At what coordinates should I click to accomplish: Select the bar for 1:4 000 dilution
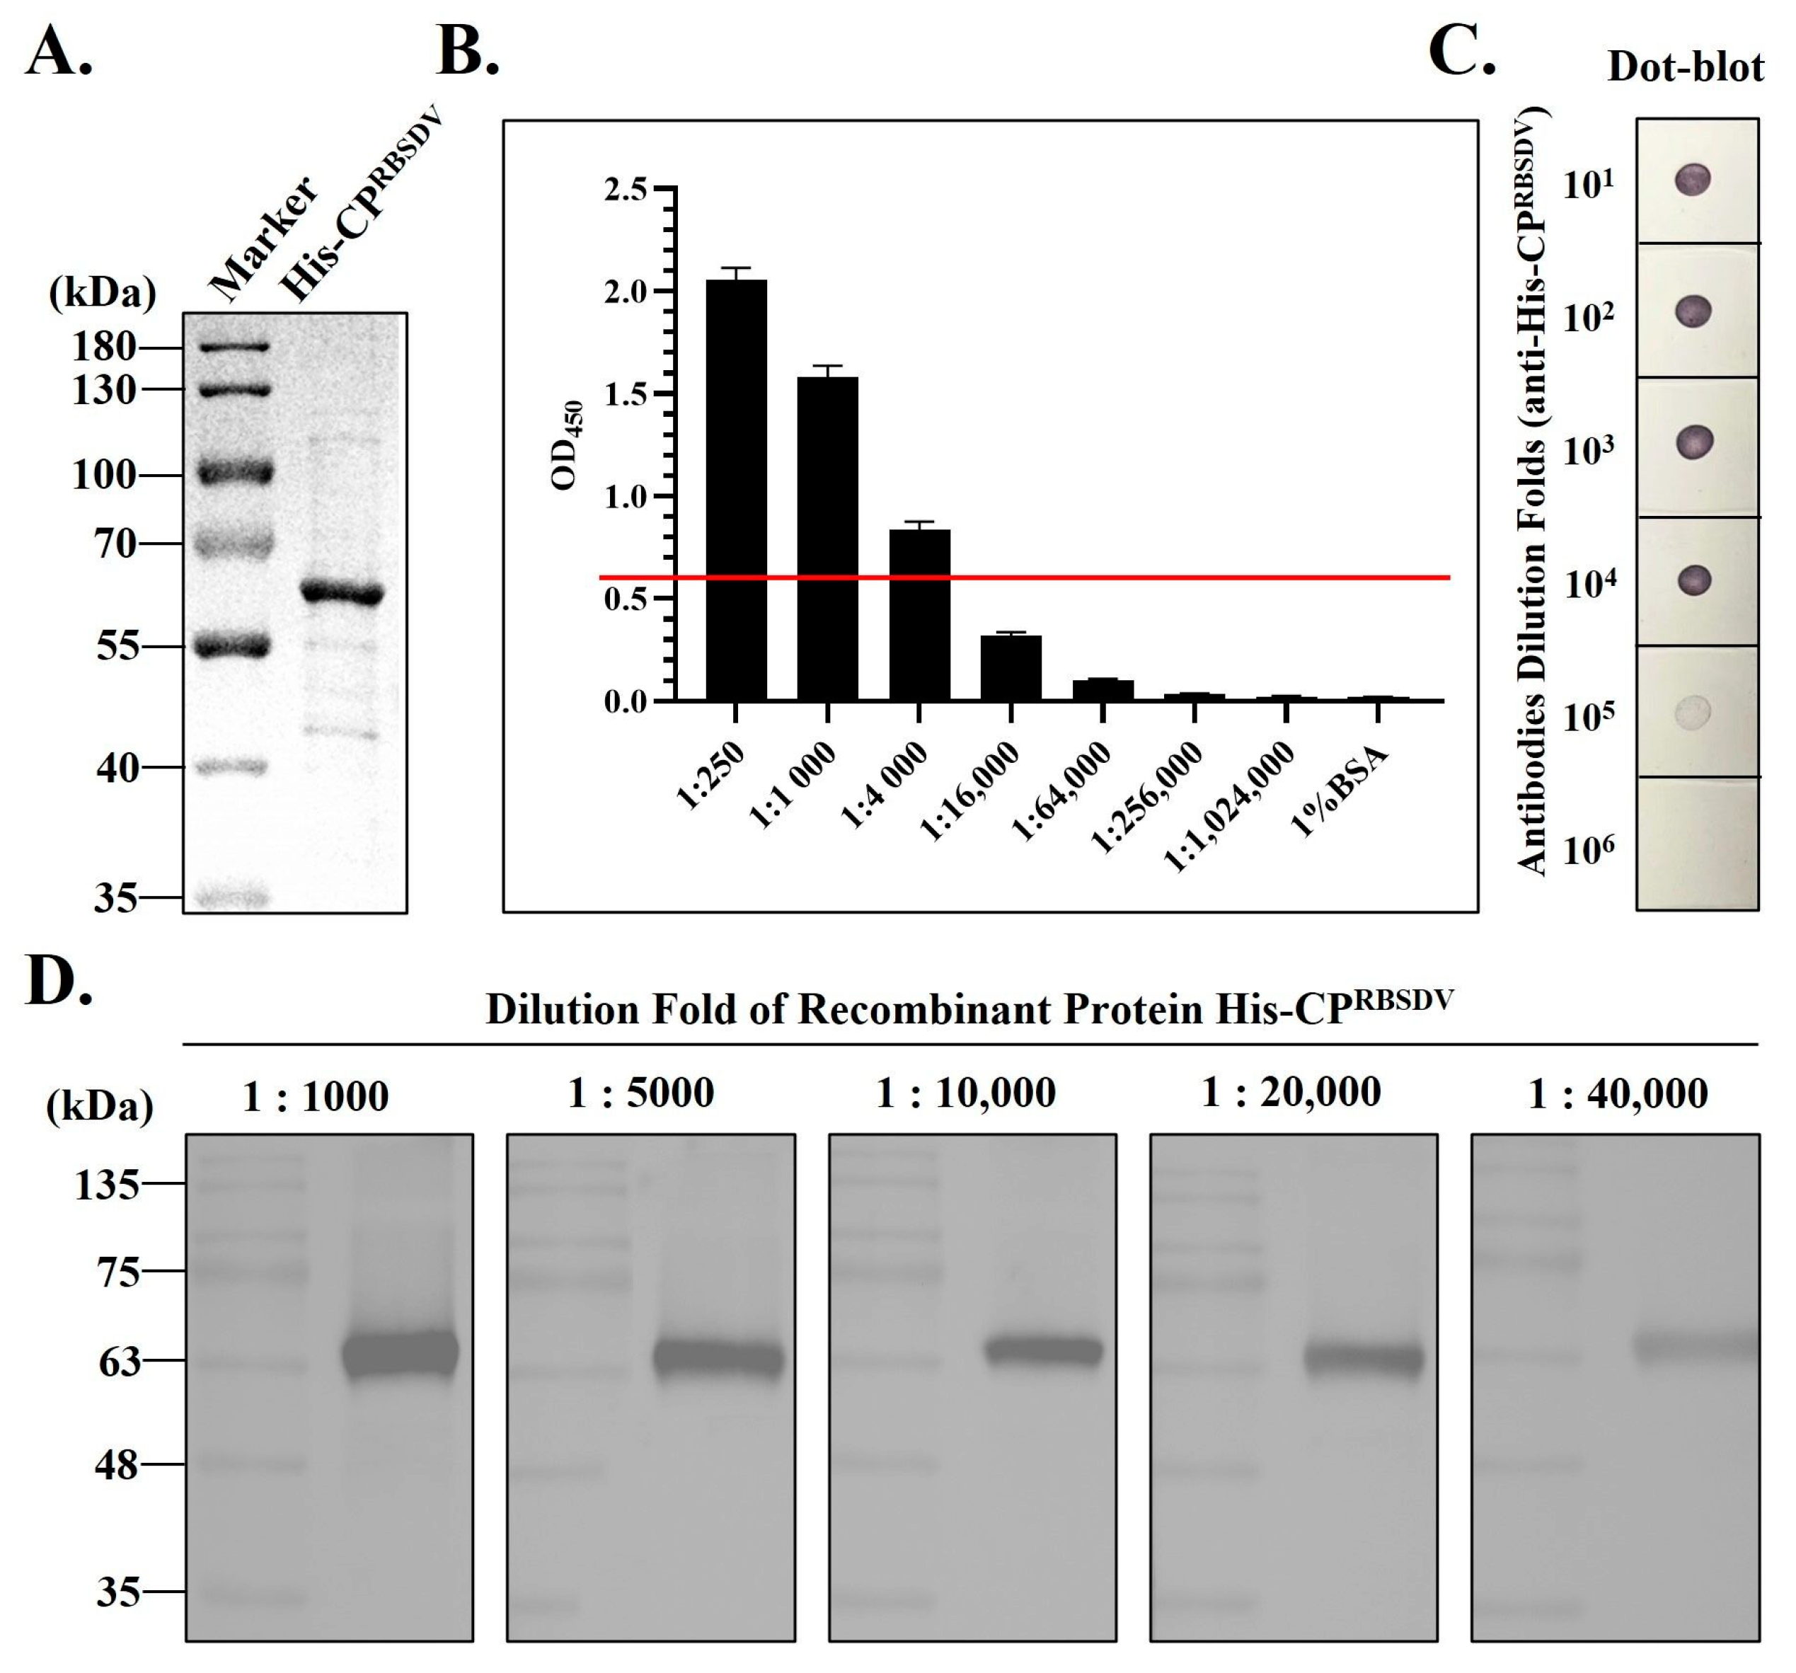click(x=920, y=615)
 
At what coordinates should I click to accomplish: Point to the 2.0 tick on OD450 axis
click(x=626, y=292)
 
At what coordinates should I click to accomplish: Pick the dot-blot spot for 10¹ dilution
click(x=1693, y=179)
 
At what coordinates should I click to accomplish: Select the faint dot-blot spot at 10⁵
click(x=1693, y=712)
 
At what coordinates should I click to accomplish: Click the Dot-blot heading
click(x=1685, y=67)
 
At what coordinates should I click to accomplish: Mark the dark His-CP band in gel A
click(x=342, y=594)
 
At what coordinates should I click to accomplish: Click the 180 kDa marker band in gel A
click(x=235, y=346)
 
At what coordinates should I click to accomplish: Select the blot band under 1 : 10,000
click(x=1044, y=1352)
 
